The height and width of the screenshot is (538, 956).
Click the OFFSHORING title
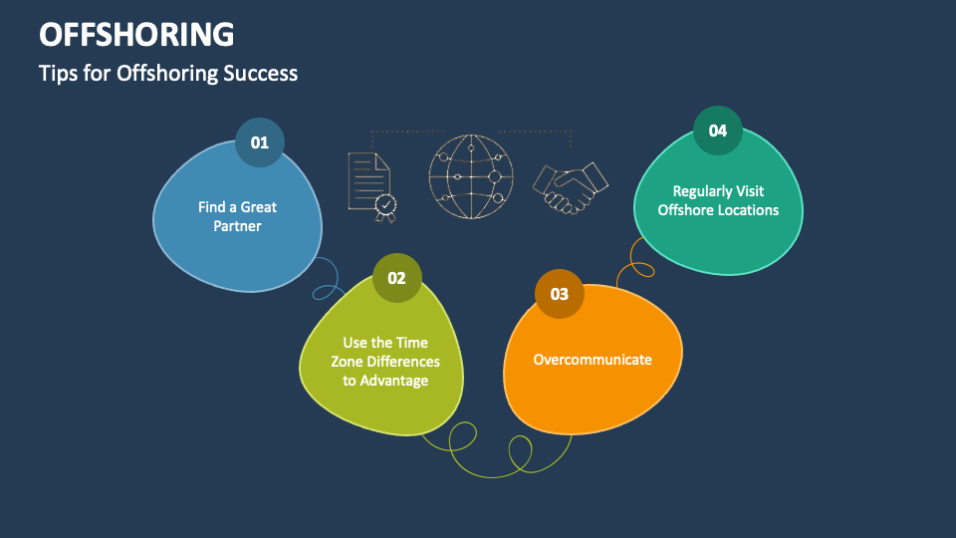[x=137, y=34]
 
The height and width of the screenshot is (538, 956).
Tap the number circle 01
[x=260, y=142]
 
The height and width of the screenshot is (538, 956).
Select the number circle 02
[x=397, y=278]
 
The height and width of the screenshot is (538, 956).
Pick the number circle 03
[x=559, y=294]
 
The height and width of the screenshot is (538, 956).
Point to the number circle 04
[x=718, y=131]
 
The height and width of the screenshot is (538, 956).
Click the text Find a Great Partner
[x=237, y=216]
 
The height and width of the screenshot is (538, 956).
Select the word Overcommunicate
[x=593, y=359]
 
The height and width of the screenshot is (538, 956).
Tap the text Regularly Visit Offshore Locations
[x=718, y=200]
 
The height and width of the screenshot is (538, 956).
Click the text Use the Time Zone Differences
[x=385, y=352]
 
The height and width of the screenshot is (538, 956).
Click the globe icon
[x=471, y=177]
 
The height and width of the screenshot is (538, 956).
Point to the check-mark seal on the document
[x=384, y=205]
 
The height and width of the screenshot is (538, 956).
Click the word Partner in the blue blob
[x=237, y=226]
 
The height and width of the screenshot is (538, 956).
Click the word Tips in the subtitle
[x=56, y=73]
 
